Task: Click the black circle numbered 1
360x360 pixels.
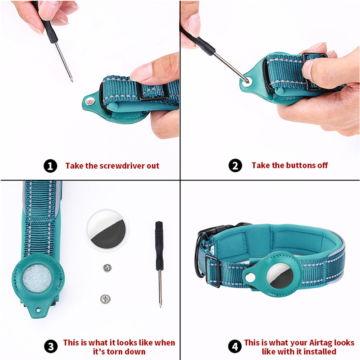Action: pyautogui.click(x=50, y=166)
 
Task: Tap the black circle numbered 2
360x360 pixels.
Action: pyautogui.click(x=235, y=165)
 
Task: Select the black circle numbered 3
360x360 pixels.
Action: pyautogui.click(x=51, y=346)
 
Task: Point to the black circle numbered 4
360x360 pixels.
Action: pyautogui.click(x=235, y=346)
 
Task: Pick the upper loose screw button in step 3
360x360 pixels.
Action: pyautogui.click(x=107, y=268)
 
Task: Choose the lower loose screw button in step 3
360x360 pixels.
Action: pyautogui.click(x=105, y=299)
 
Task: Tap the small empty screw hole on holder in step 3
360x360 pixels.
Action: pyautogui.click(x=38, y=310)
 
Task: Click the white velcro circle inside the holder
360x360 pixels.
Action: pyautogui.click(x=37, y=278)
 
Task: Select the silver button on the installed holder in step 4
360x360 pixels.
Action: pyautogui.click(x=250, y=278)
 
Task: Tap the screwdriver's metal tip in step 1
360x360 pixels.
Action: pyautogui.click(x=72, y=80)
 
